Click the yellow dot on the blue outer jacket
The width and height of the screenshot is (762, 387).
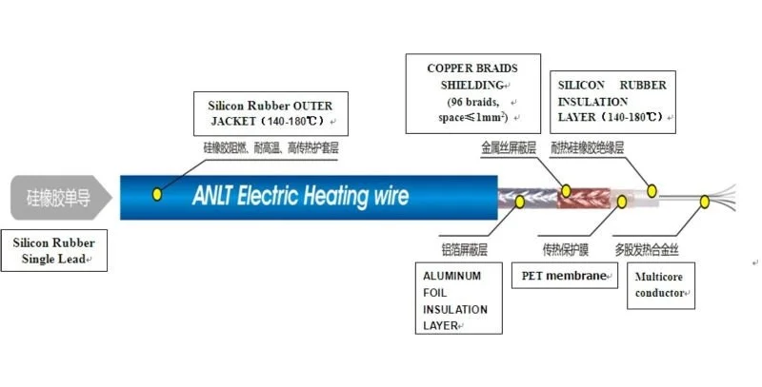tap(157, 195)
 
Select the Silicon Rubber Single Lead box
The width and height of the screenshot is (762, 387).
tap(53, 249)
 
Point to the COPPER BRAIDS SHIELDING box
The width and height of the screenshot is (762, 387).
tap(473, 93)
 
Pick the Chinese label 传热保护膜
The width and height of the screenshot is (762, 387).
tap(566, 249)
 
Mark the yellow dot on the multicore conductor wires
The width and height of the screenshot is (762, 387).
tap(706, 202)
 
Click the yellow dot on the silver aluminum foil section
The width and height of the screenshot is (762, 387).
tap(520, 202)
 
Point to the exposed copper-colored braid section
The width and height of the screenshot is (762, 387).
tap(581, 198)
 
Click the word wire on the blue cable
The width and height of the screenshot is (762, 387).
tap(388, 197)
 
